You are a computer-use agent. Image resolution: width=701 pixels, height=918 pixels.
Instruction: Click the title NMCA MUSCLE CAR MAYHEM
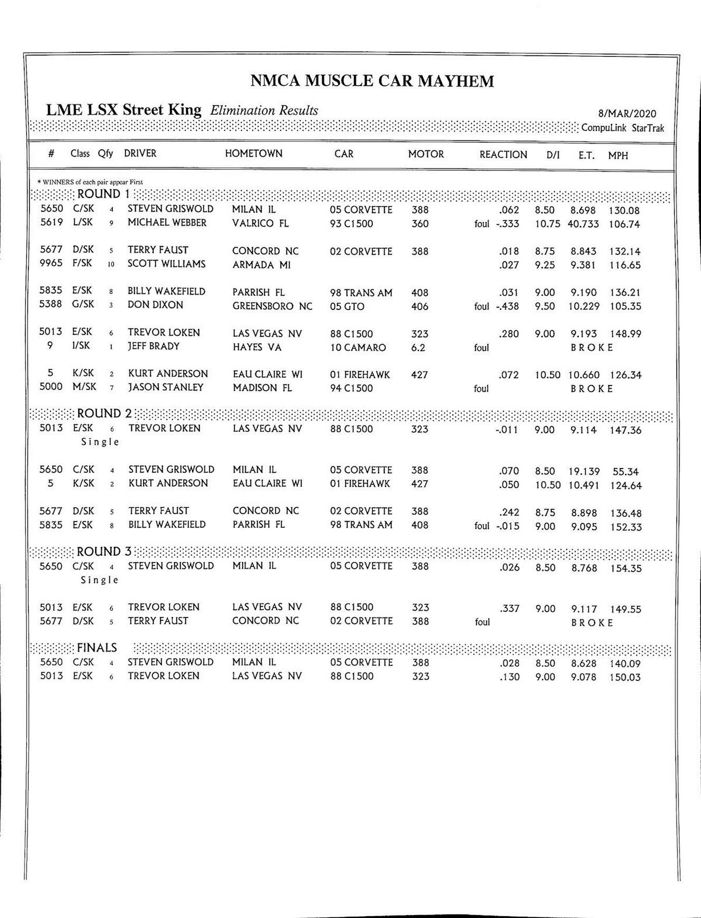pos(372,81)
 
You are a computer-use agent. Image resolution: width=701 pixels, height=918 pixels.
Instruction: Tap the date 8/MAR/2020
pos(627,115)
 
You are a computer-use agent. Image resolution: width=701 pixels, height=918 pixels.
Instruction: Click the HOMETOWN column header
pos(254,154)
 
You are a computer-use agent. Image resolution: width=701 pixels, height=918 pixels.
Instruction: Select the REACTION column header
pos(503,155)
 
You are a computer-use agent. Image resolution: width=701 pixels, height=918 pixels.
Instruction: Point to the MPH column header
pos(618,156)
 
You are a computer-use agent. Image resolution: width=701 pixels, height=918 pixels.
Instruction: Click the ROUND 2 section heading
pos(104,414)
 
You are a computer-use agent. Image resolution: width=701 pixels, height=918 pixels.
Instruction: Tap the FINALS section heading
pos(97,648)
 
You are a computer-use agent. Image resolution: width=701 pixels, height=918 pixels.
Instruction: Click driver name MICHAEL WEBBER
pos(167,223)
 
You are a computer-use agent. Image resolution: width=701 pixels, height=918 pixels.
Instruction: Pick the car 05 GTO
pos(347,307)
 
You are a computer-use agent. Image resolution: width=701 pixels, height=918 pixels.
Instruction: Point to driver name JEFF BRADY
pos(154,347)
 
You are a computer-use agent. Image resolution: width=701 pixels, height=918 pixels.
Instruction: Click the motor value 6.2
pos(418,348)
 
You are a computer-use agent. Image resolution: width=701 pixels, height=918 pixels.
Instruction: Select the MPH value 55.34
pos(625,472)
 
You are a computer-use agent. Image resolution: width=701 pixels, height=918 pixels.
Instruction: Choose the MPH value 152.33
pos(626,527)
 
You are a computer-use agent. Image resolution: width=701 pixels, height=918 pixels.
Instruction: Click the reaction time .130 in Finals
pos(509,677)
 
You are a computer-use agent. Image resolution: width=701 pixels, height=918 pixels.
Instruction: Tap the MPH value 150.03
pos(625,677)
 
